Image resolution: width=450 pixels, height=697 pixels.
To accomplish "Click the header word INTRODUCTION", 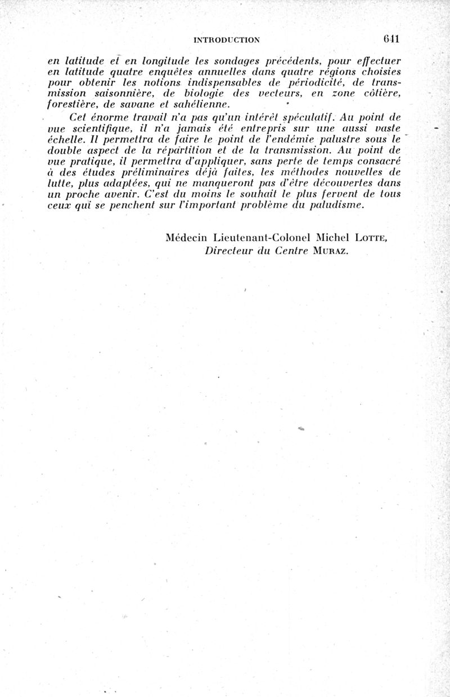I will (x=226, y=39).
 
